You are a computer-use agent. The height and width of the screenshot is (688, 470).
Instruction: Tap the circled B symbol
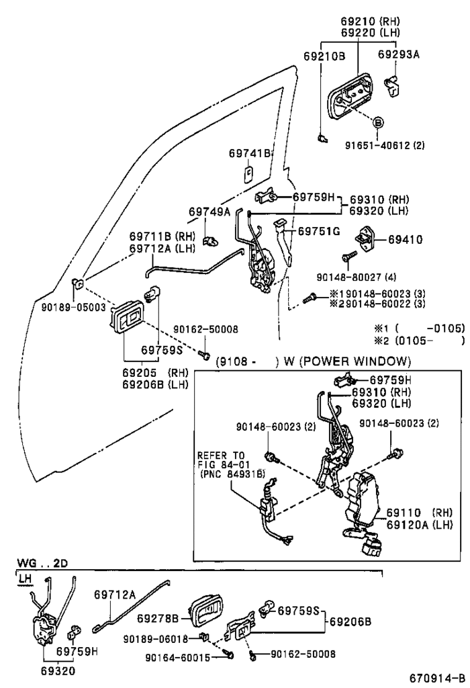click(377, 122)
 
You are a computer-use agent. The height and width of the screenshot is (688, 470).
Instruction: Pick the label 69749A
click(209, 212)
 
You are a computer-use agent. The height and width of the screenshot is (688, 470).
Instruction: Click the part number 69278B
click(157, 618)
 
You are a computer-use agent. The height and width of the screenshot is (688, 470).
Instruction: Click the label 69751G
click(319, 231)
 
